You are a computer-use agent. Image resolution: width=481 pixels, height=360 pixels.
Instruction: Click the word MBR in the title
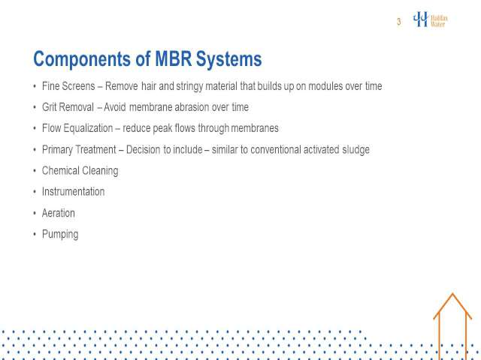point(174,58)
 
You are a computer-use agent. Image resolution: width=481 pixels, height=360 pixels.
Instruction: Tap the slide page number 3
point(399,22)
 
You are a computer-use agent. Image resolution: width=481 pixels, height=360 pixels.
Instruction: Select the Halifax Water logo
point(431,19)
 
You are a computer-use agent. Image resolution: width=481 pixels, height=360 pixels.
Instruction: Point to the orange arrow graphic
point(452,326)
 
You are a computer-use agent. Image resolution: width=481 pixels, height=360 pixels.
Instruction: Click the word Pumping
point(60,235)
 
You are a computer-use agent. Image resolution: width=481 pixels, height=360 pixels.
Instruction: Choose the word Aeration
point(59,213)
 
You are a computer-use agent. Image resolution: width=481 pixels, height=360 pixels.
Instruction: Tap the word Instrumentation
point(74,192)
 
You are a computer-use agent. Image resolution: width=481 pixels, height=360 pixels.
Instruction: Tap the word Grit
point(49,107)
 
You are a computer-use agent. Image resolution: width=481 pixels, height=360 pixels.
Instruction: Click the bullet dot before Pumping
point(35,234)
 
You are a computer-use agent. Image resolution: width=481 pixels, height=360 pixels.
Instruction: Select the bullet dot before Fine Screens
point(35,86)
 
